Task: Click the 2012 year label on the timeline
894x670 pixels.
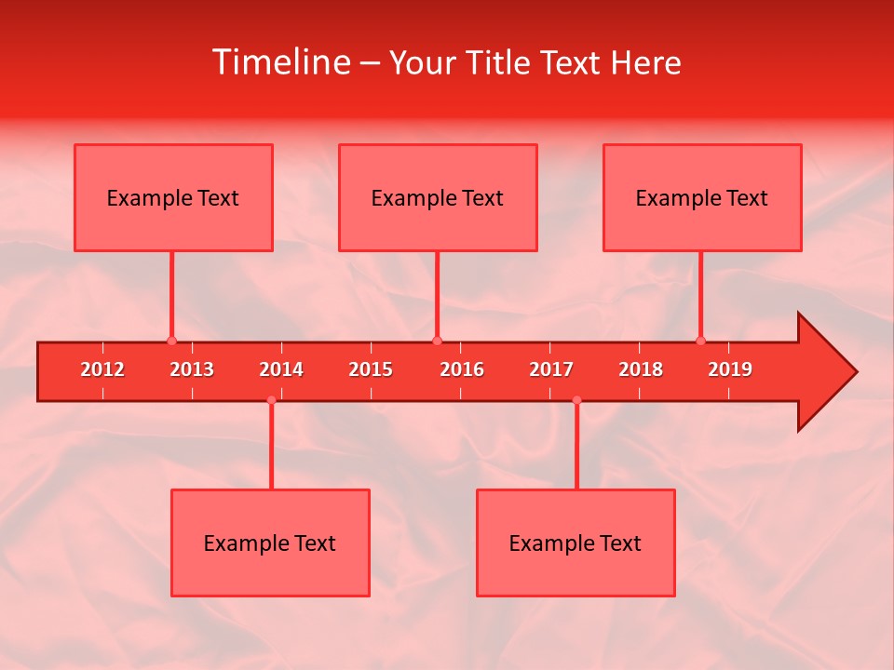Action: (x=102, y=369)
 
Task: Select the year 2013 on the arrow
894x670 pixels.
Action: (x=192, y=369)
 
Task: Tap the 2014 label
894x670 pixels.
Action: (x=281, y=369)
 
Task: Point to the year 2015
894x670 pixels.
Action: (x=371, y=369)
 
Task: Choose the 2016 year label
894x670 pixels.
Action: (x=462, y=369)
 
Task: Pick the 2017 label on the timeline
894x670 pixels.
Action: (x=551, y=369)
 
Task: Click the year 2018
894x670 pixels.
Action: (x=641, y=369)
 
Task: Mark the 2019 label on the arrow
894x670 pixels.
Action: (x=730, y=369)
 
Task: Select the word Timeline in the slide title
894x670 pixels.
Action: (x=280, y=62)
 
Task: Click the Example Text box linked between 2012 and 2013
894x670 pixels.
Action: (x=173, y=197)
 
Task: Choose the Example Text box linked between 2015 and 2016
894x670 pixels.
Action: (x=438, y=197)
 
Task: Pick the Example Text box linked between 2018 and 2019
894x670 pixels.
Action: (x=702, y=197)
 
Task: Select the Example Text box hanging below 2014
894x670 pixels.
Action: (x=270, y=543)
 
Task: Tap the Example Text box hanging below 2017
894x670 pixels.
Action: (x=576, y=543)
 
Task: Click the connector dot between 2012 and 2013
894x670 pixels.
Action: (x=171, y=341)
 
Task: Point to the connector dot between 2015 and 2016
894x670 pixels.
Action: (x=437, y=341)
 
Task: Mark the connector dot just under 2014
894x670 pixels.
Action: (x=271, y=400)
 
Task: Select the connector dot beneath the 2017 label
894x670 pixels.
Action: (x=576, y=400)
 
